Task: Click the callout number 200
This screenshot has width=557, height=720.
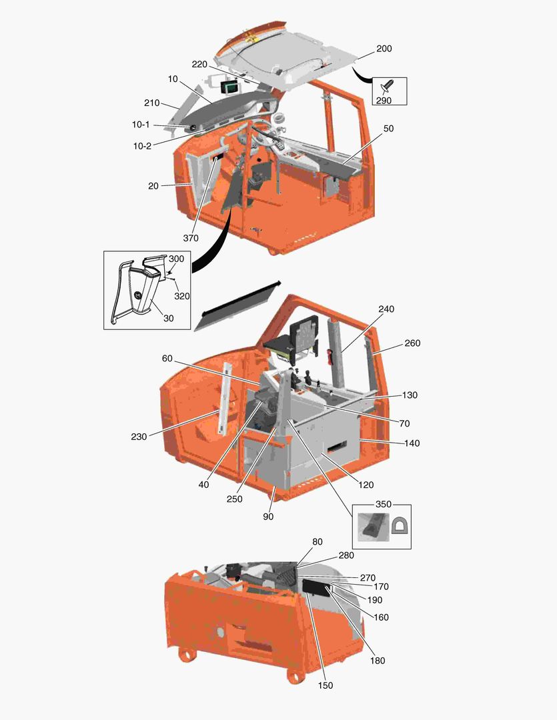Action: click(384, 49)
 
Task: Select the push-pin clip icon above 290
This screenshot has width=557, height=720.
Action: click(388, 87)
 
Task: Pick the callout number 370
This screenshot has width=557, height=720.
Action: click(191, 238)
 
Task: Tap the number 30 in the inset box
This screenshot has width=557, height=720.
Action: click(168, 318)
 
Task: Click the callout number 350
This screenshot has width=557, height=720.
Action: click(383, 504)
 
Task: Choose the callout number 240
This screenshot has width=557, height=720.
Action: click(386, 309)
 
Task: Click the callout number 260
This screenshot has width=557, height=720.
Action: click(412, 343)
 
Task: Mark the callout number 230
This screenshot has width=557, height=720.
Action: click(139, 437)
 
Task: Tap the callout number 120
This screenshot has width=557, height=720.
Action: click(367, 485)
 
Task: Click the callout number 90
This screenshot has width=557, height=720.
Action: click(268, 516)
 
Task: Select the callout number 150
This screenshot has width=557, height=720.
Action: click(326, 685)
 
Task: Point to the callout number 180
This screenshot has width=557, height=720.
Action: click(377, 661)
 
